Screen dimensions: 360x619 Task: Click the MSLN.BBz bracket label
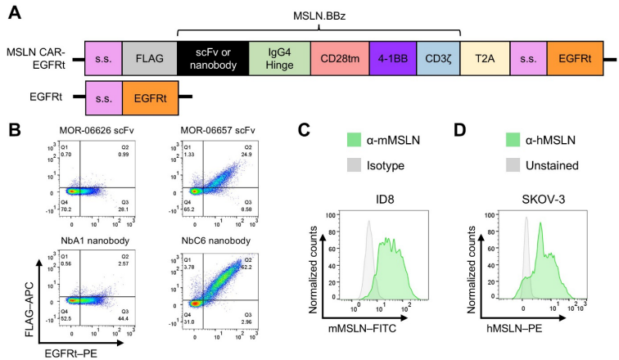pos(320,15)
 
